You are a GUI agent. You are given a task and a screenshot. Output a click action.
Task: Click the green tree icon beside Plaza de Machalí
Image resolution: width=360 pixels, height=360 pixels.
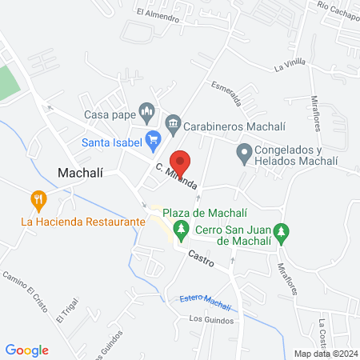point(182,231)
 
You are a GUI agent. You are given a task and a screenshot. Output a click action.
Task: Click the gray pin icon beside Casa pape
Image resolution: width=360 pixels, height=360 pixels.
point(146,110)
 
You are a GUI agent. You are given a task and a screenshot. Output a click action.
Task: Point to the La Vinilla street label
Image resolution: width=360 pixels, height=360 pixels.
point(290,66)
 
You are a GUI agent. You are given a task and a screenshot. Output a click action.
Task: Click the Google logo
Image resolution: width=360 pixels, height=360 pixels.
point(26,350)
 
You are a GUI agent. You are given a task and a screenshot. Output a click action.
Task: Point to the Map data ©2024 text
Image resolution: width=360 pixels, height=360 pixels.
point(325,353)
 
